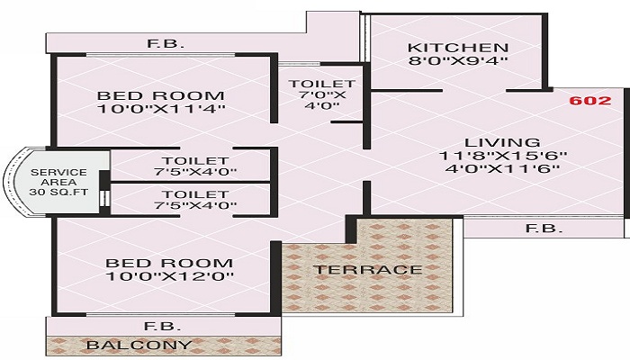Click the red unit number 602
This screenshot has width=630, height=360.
(590, 102)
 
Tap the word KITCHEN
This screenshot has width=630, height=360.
(457, 47)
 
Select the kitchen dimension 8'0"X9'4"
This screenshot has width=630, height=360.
(457, 62)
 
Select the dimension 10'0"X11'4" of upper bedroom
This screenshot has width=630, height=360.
(161, 110)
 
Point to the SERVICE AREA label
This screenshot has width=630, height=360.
(58, 178)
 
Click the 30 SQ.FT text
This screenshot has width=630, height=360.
(58, 191)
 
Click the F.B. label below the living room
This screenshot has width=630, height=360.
(544, 229)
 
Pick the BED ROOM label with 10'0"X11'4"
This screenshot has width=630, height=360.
(161, 95)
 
